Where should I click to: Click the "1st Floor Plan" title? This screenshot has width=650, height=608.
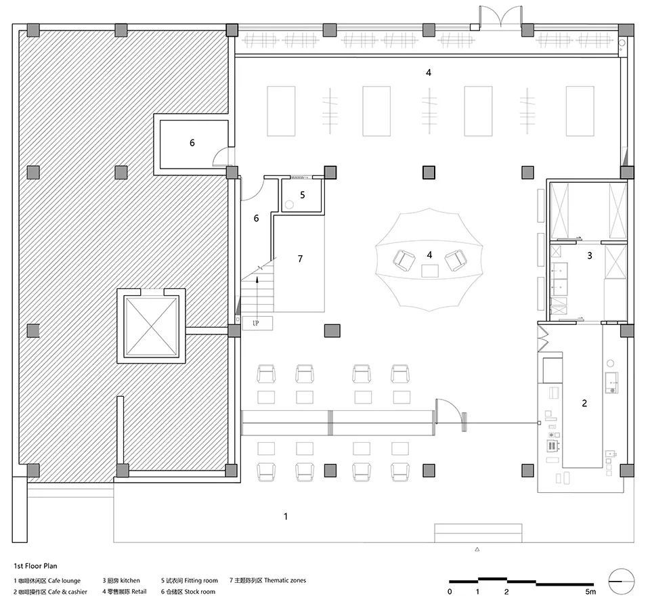[x=36, y=566]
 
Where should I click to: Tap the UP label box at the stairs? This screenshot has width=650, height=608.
[x=257, y=323]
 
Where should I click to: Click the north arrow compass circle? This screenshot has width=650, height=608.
[x=622, y=582]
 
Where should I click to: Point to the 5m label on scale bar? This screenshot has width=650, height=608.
[x=590, y=592]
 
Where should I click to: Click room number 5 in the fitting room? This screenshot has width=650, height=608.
[x=303, y=195]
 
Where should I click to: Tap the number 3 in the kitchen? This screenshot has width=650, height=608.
[x=590, y=256]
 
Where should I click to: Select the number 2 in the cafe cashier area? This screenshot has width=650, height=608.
[x=584, y=403]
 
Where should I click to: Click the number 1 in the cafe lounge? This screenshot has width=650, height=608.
[x=286, y=517]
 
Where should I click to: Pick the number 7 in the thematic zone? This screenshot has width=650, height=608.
[x=300, y=259]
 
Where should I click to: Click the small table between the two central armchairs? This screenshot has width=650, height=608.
[x=430, y=271]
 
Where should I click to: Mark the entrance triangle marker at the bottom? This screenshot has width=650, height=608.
[x=477, y=550]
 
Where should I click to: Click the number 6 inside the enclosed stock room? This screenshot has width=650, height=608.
[x=192, y=143]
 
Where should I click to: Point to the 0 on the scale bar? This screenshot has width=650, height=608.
[x=450, y=592]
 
